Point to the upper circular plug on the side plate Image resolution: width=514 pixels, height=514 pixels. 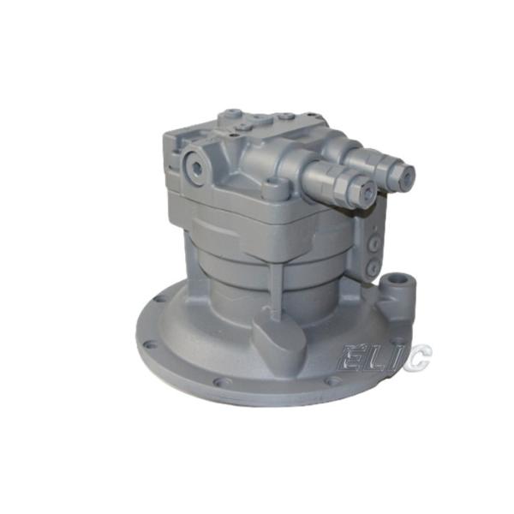coord(374,242)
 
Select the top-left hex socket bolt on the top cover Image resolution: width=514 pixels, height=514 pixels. coord(231,114)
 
